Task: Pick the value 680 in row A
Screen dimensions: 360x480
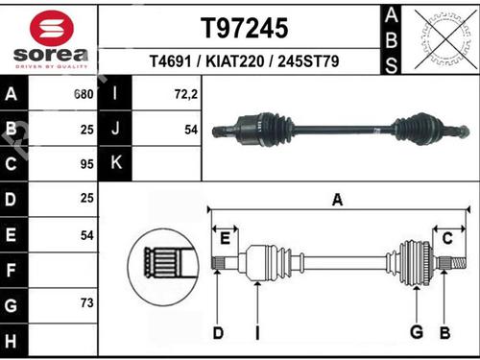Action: pos(83,95)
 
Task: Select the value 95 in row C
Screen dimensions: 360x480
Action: pos(86,163)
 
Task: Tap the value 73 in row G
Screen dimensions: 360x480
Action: pos(86,302)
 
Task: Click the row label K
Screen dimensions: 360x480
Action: pos(115,163)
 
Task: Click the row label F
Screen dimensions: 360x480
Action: pos(12,270)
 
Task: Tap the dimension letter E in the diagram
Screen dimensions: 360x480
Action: pos(227,238)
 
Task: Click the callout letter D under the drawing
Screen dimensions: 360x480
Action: pos(218,333)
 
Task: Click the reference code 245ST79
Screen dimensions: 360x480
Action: pos(305,62)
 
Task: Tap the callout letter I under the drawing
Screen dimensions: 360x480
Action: pos(257,333)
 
